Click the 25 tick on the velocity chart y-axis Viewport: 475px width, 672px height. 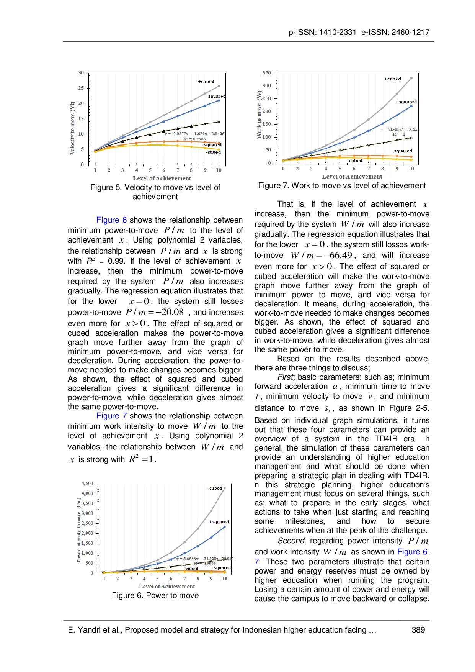[x=81, y=88]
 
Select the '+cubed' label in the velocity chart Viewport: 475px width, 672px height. [x=206, y=81]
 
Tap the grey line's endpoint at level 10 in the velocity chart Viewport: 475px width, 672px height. [x=219, y=86]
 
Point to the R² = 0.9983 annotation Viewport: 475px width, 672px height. [x=194, y=139]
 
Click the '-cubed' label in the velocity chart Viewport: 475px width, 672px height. [x=213, y=152]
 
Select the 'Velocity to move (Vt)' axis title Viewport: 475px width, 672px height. [x=72, y=128]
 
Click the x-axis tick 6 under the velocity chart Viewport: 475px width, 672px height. [x=164, y=170]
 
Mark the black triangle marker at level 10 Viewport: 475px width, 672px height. [x=219, y=121]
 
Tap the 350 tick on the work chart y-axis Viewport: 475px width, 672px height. [x=267, y=72]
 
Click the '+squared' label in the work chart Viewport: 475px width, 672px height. [x=406, y=102]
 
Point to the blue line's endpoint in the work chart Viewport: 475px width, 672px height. [x=411, y=106]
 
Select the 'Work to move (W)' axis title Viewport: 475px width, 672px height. [x=259, y=115]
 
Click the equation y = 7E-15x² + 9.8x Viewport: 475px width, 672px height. [x=399, y=129]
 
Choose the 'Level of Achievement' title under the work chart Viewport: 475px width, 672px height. [x=352, y=177]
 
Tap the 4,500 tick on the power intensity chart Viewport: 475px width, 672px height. [x=87, y=484]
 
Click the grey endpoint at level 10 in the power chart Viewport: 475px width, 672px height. [x=225, y=488]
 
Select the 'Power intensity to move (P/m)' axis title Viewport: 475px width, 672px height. [x=78, y=530]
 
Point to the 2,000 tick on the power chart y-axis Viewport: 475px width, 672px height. [x=87, y=533]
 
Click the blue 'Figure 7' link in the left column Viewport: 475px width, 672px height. [x=111, y=416]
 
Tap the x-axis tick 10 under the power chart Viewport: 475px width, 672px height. [x=225, y=579]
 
